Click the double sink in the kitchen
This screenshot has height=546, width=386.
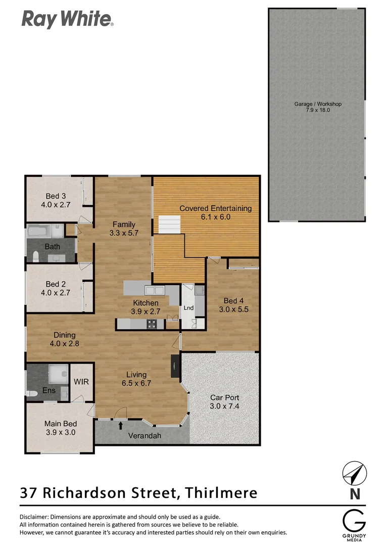153,290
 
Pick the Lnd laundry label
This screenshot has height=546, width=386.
188,307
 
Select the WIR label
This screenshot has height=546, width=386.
81,382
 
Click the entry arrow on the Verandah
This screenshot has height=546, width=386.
120,425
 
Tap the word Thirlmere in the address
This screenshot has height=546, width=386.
221,492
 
